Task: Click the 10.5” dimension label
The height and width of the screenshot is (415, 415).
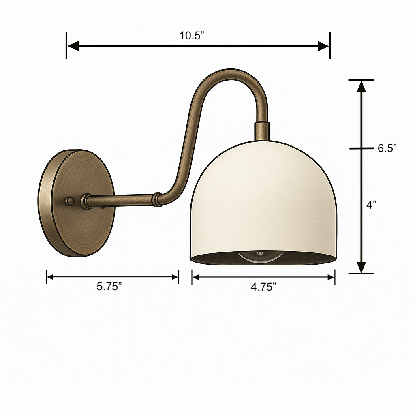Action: (x=192, y=36)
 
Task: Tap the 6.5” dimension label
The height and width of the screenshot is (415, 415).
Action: (x=387, y=148)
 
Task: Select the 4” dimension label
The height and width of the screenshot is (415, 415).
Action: (x=371, y=205)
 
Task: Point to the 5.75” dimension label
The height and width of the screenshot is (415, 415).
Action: (x=109, y=287)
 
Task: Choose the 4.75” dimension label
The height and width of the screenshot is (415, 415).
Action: (x=263, y=287)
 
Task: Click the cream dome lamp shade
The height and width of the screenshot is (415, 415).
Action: (x=263, y=201)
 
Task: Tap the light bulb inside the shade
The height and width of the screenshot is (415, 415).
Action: (x=260, y=257)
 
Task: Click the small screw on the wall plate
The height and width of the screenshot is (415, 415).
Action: (x=69, y=201)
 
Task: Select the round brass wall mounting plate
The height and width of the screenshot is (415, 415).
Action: (x=77, y=203)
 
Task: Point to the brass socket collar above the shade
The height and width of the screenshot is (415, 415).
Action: (x=262, y=131)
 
